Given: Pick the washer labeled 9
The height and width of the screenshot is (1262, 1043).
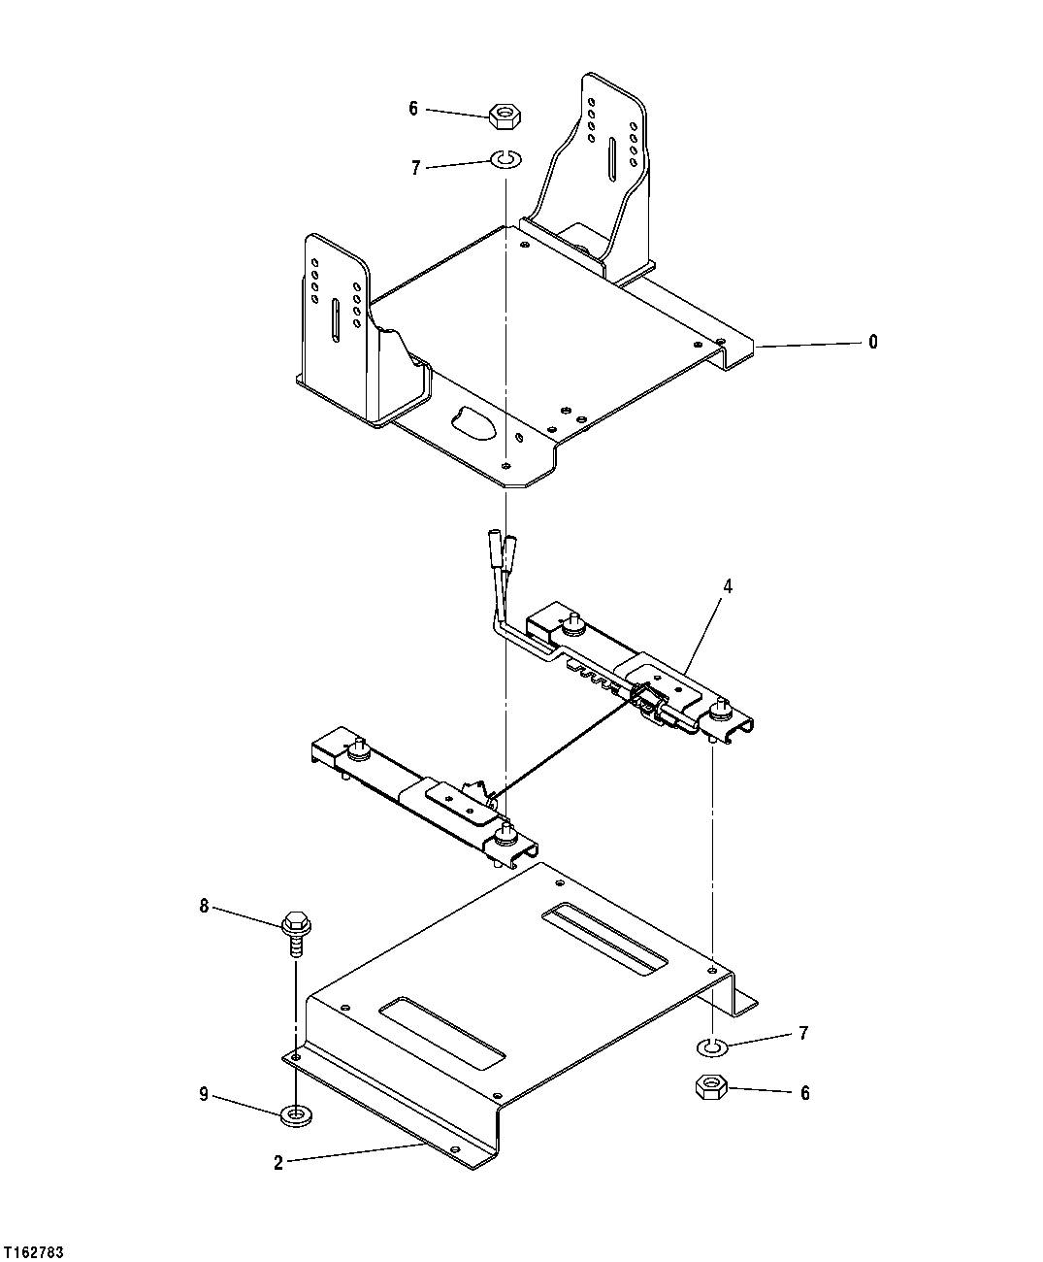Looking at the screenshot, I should tap(295, 1114).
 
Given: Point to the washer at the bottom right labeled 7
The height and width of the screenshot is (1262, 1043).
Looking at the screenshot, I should tap(713, 1046).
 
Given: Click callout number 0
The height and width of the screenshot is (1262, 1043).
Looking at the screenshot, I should tap(873, 342).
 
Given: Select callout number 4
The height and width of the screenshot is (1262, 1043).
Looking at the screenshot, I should tap(728, 586).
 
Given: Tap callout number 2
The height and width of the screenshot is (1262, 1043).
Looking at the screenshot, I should tap(278, 1163).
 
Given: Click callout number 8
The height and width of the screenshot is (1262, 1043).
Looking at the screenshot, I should tap(204, 906).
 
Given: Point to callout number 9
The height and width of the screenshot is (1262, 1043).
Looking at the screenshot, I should tap(204, 1095).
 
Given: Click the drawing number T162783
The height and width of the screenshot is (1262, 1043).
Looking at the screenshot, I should tap(34, 1253).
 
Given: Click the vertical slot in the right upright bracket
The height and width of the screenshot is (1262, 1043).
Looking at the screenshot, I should tap(611, 158).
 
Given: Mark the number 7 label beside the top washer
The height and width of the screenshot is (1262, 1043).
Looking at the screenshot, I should tap(415, 168).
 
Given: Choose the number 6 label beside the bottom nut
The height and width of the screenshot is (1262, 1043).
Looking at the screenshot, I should tap(804, 1093).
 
